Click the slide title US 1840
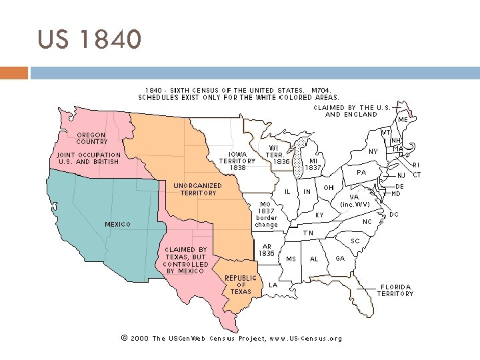[x=89, y=39]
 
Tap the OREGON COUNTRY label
[x=91, y=138]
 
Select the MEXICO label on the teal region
[x=118, y=224]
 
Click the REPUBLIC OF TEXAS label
[x=240, y=285]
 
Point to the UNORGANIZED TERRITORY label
[x=198, y=189]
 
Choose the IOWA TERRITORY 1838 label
[x=237, y=161]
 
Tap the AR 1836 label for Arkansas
[x=267, y=250]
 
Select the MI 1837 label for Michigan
[x=313, y=164]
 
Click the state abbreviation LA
[x=273, y=285]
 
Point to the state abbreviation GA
[x=340, y=259]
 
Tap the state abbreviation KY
[x=319, y=216]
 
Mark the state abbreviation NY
[x=373, y=152]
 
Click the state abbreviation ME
[x=403, y=120]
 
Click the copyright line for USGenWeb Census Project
[x=231, y=338]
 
